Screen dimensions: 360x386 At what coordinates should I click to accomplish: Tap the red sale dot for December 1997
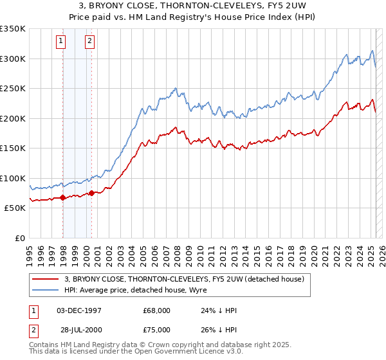63,198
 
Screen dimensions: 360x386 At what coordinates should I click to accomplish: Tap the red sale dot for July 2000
92,193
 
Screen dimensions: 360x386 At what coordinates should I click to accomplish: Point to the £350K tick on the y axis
13,29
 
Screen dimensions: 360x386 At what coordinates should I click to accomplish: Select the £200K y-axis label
13,118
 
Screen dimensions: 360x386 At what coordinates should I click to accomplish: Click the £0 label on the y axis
19,238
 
